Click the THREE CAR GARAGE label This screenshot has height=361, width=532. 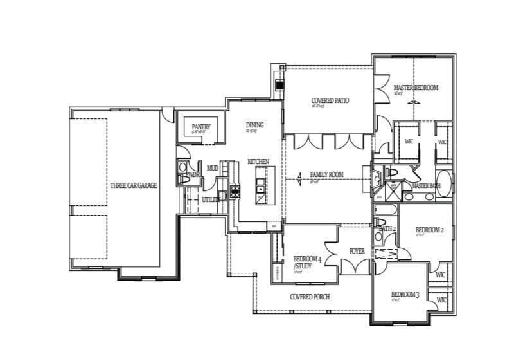coord(134,185)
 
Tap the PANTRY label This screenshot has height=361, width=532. coord(201,127)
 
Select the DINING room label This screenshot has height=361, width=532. coord(254,125)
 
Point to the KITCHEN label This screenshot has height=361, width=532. coord(258,162)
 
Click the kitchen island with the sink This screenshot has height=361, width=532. coord(262,185)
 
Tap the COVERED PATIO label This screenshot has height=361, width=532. coord(330,101)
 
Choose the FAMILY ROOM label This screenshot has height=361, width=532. coord(327,174)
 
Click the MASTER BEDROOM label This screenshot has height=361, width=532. coord(416,88)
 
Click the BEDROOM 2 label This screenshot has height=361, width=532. coord(429,230)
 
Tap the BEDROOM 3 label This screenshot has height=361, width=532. coord(405,295)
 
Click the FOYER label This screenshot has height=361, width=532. coord(357,251)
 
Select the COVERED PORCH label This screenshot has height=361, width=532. coord(310,297)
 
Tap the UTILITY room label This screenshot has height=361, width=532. coord(211,200)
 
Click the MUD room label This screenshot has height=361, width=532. coord(212,169)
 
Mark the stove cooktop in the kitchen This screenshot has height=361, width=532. coord(235,190)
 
